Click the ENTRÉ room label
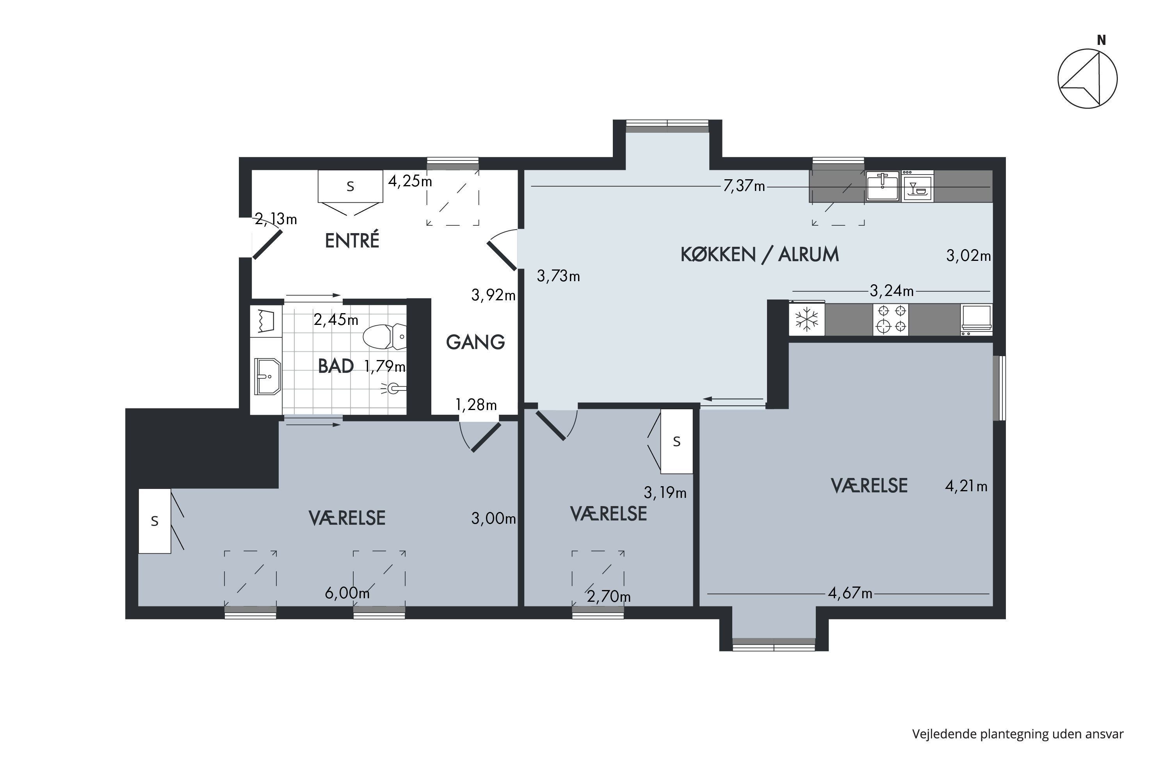click(352, 241)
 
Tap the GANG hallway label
click(475, 342)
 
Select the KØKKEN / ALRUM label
click(760, 255)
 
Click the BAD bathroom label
click(336, 366)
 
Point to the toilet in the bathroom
click(384, 337)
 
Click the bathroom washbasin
click(268, 376)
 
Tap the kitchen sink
click(882, 186)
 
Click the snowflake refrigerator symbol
click(806, 319)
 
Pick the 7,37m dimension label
click(744, 186)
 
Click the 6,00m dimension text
click(347, 593)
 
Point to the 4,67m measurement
click(850, 593)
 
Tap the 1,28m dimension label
click(476, 405)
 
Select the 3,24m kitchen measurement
click(891, 291)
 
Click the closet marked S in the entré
click(351, 186)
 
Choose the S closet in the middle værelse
click(676, 441)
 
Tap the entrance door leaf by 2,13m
click(267, 244)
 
